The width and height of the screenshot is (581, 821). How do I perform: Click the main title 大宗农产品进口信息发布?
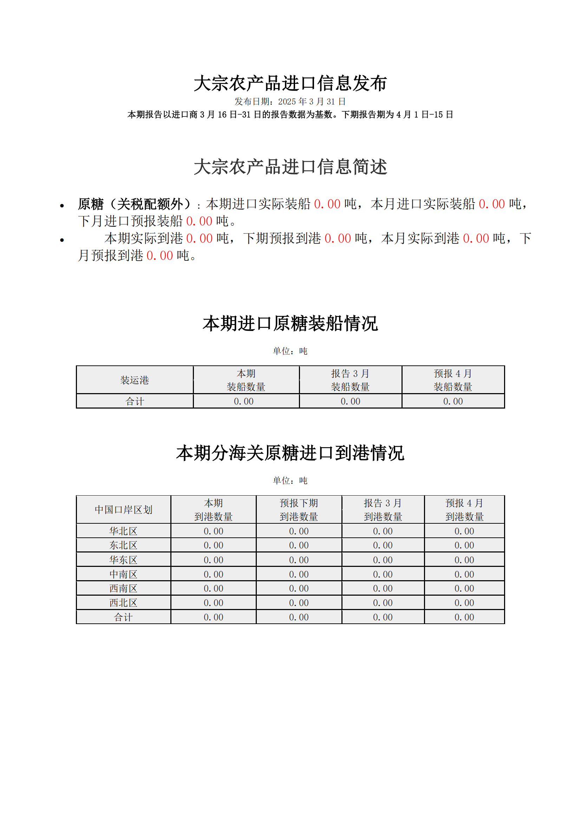coord(290,83)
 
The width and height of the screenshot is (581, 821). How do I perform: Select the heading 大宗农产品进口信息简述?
coord(290,167)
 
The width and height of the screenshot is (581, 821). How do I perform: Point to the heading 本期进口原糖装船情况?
coord(290,324)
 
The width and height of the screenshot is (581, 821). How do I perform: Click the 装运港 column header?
coord(135,380)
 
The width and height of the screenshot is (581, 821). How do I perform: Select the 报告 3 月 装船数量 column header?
coord(350,380)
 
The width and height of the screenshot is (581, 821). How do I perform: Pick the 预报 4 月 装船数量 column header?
coord(453,380)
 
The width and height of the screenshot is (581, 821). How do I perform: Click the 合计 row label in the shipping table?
coord(135,401)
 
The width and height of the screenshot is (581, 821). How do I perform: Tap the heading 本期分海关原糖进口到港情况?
coord(290,453)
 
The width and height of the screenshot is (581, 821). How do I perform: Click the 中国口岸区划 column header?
coord(123,510)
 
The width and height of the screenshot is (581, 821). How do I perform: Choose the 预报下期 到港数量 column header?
coord(299,510)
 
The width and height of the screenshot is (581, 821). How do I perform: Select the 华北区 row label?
coord(123,531)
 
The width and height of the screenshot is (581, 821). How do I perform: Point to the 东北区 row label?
coord(123,545)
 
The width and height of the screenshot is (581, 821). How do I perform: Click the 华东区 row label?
coord(123,560)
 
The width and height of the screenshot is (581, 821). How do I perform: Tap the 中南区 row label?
coord(123,574)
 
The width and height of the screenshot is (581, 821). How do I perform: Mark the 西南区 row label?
coord(123,588)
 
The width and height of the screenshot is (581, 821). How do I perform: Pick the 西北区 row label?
coord(123,603)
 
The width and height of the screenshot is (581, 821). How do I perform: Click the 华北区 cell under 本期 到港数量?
coord(213,531)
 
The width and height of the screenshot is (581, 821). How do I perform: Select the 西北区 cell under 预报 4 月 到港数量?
coord(464,603)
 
